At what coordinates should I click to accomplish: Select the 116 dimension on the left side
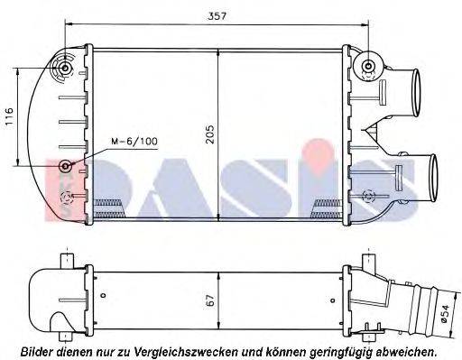(x=10, y=116)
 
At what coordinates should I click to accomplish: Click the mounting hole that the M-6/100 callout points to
(x=65, y=167)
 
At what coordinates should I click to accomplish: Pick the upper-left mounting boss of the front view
(x=66, y=68)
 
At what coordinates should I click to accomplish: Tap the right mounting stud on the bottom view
(x=367, y=261)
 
